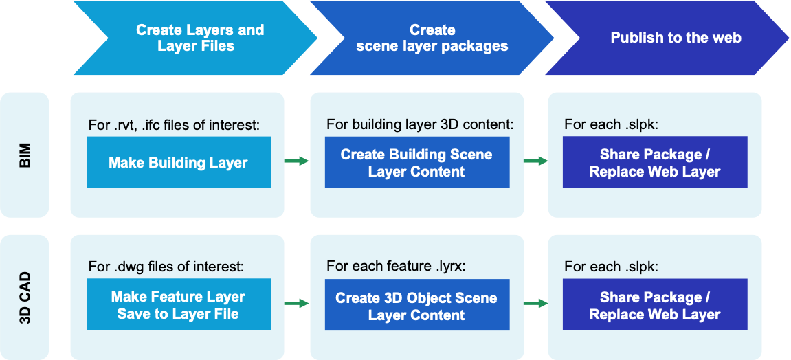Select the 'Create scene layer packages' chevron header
[x=432, y=38]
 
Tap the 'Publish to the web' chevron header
[x=675, y=38]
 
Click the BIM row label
[x=25, y=155]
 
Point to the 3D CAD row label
[x=25, y=297]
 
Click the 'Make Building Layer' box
[x=179, y=162]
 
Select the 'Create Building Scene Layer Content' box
[x=416, y=162]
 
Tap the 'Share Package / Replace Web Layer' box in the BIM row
[x=654, y=162]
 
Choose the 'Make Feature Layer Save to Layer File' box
[x=179, y=305]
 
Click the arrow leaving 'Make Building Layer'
[x=297, y=161]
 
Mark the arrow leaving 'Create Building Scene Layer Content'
[x=535, y=161]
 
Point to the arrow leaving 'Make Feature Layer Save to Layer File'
[x=297, y=303]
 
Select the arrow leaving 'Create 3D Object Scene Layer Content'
[x=535, y=303]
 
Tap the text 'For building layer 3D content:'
[x=420, y=125]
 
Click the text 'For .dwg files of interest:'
[x=166, y=267]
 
